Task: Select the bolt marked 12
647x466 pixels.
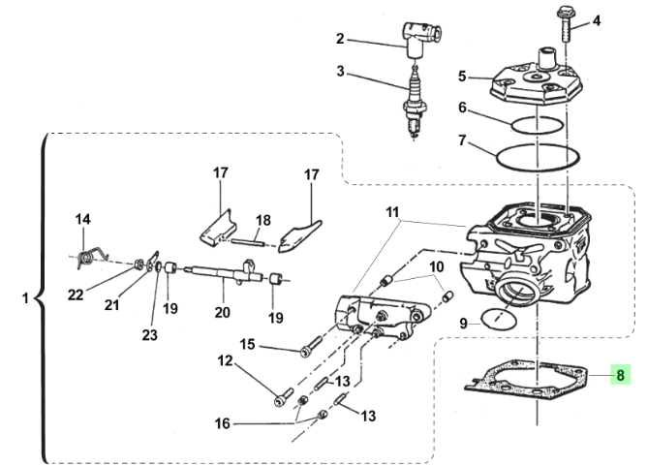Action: click(x=282, y=396)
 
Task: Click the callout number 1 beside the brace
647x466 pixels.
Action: click(x=25, y=298)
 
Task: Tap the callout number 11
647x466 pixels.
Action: click(x=391, y=211)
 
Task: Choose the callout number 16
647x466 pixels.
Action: click(x=224, y=423)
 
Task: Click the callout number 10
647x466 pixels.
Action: click(x=436, y=265)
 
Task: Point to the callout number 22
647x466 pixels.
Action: click(x=76, y=295)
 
